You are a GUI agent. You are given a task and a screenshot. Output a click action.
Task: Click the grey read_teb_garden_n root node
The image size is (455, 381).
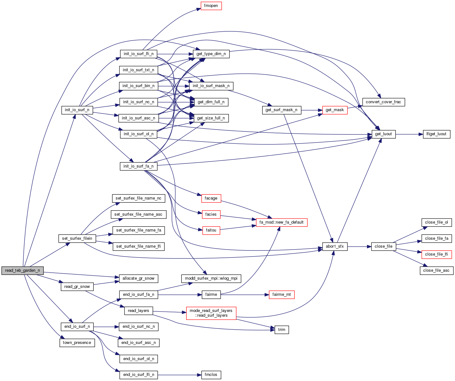click(22, 270)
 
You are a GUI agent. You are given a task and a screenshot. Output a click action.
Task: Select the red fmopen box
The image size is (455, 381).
click(211, 6)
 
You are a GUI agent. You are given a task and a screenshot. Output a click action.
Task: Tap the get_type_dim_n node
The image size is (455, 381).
click(211, 54)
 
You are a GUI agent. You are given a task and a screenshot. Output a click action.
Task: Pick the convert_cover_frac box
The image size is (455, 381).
click(383, 102)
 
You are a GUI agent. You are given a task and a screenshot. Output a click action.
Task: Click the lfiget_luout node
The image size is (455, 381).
click(437, 134)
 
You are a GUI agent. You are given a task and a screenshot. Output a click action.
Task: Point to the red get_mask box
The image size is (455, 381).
click(335, 110)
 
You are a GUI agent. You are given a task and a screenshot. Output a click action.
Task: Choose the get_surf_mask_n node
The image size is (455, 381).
click(281, 110)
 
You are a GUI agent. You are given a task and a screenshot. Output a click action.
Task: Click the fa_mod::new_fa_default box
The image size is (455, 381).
click(279, 222)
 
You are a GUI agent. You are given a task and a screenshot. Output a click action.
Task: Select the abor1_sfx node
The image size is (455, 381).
click(335, 246)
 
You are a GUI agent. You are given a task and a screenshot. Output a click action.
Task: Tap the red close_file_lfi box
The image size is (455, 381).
click(436, 254)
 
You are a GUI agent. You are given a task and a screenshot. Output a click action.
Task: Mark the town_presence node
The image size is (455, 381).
click(77, 343)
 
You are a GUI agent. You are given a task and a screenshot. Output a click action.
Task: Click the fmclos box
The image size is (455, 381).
click(211, 375)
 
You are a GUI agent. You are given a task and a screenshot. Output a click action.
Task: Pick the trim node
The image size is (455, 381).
click(281, 330)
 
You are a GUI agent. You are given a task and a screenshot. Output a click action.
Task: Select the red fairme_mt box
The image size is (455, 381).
click(281, 295)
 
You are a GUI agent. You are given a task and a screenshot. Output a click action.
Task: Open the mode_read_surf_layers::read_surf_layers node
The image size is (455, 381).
click(211, 313)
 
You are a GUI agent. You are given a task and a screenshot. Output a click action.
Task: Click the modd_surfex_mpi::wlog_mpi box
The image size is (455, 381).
click(211, 278)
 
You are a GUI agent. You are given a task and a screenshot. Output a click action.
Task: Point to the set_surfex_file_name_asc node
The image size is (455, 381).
click(138, 214)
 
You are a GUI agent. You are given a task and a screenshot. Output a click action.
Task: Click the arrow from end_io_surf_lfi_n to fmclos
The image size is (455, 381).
click(179, 375)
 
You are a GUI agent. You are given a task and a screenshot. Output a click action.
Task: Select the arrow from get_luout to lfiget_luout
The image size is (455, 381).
click(409, 134)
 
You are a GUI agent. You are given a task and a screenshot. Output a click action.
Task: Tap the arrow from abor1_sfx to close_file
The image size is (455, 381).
click(359, 246)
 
